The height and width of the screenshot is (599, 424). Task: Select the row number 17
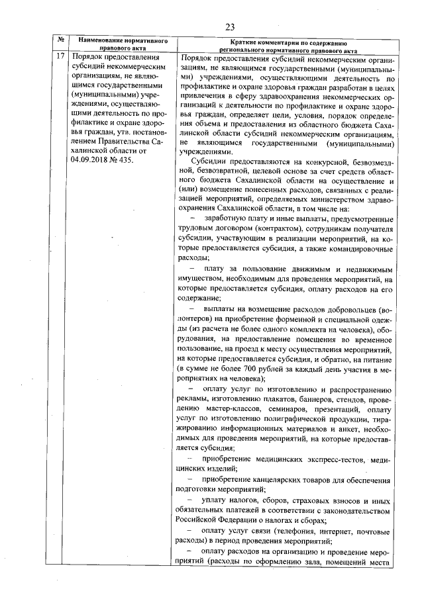tap(60, 58)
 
